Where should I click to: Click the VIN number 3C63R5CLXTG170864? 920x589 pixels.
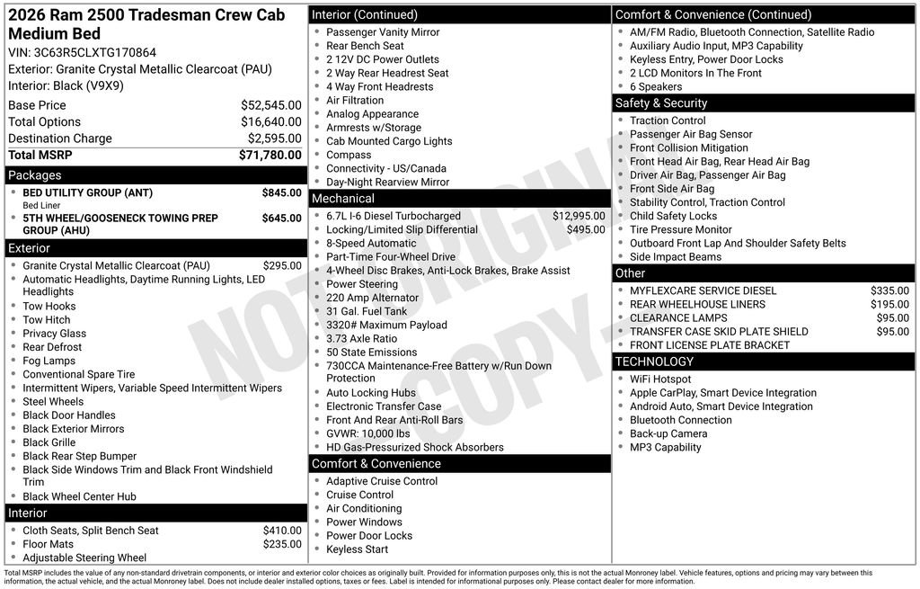click(x=94, y=52)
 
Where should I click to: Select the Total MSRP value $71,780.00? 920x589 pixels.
click(x=270, y=156)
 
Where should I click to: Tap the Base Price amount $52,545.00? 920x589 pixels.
click(x=270, y=105)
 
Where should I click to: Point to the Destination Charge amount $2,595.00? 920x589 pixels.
click(x=274, y=138)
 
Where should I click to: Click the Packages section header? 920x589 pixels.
click(x=35, y=175)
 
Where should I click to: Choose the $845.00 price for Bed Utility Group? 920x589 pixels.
click(x=281, y=192)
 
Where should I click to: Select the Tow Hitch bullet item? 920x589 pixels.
click(x=47, y=320)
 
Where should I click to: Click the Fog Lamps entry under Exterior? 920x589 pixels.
click(x=49, y=361)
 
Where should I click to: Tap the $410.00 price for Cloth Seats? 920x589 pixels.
click(x=282, y=531)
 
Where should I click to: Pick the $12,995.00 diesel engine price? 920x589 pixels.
click(x=579, y=216)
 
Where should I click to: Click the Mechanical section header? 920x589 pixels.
click(x=342, y=199)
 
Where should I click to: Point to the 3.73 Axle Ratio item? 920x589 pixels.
click(x=361, y=339)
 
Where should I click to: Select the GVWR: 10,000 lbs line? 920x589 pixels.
click(x=367, y=433)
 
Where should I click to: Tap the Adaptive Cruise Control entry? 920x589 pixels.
click(x=382, y=481)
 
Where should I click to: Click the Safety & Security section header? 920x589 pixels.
click(x=661, y=103)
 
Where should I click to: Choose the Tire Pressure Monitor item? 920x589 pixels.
click(x=680, y=229)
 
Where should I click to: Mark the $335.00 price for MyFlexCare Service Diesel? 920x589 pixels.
click(x=889, y=290)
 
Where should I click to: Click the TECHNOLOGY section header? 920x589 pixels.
click(x=654, y=361)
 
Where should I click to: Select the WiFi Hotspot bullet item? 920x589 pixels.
click(x=660, y=379)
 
